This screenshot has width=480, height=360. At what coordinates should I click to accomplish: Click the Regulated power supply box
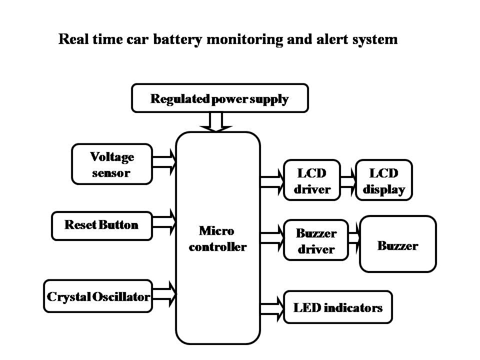pyautogui.click(x=219, y=98)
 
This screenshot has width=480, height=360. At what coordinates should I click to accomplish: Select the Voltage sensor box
pyautogui.click(x=112, y=164)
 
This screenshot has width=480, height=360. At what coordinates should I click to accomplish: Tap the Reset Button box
pyautogui.click(x=101, y=225)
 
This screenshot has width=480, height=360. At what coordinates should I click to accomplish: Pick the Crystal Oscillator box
pyautogui.click(x=98, y=296)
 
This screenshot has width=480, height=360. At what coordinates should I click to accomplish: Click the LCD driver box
pyautogui.click(x=311, y=180)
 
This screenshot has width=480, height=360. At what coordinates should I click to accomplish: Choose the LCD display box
pyautogui.click(x=383, y=180)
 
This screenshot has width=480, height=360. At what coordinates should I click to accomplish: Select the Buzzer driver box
pyautogui.click(x=315, y=240)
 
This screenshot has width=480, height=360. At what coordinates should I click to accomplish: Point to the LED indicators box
pyautogui.click(x=337, y=307)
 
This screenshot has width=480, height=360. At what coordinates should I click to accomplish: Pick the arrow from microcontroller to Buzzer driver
pyautogui.click(x=272, y=238)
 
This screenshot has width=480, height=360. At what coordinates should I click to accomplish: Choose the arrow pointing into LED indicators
pyautogui.click(x=272, y=308)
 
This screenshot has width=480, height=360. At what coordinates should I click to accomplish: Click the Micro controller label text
pyautogui.click(x=217, y=238)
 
